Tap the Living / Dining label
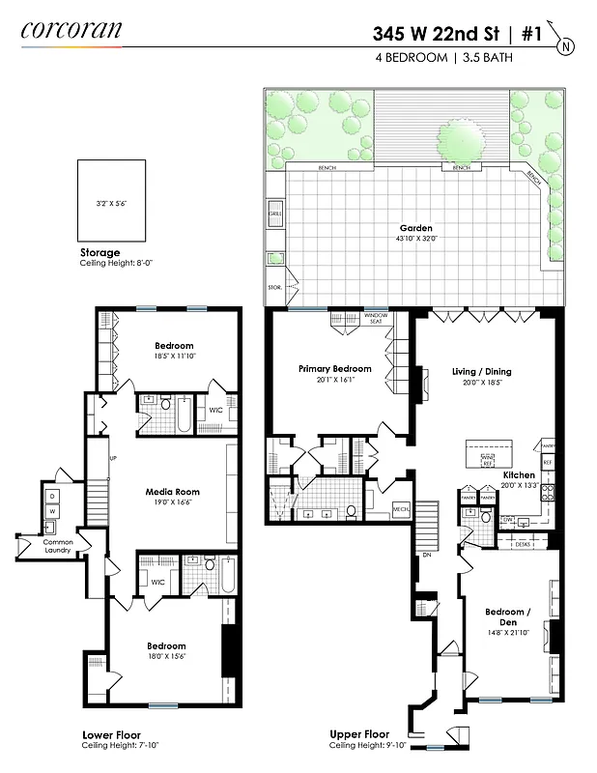click(482, 371)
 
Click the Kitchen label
click(521, 474)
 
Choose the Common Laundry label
click(58, 547)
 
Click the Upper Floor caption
click(358, 733)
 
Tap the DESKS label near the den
click(524, 544)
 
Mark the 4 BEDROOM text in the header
click(411, 58)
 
